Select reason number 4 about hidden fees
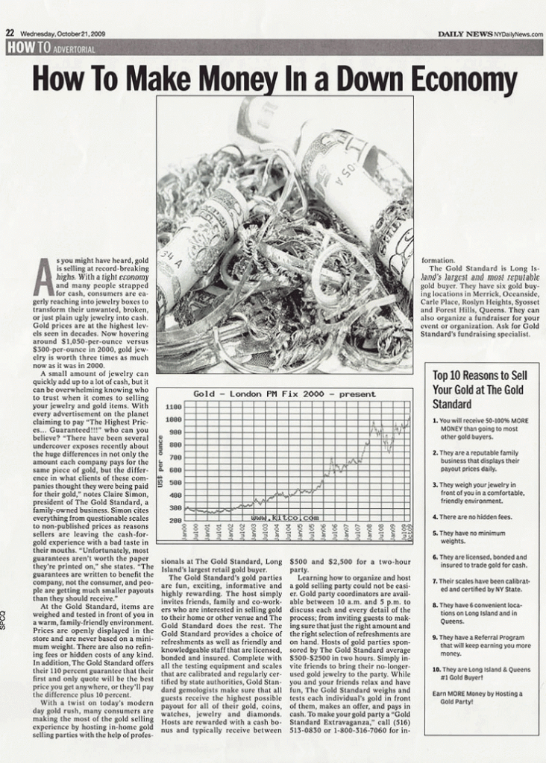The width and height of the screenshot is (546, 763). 474,516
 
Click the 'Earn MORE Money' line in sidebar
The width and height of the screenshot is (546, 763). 477,697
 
